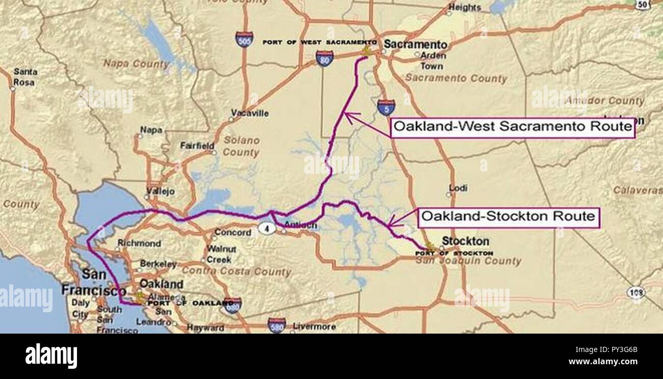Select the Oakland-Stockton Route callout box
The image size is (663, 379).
[508, 217]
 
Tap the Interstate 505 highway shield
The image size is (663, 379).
[244, 39]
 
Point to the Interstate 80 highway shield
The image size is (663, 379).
[324, 58]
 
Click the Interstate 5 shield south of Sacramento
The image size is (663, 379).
[386, 107]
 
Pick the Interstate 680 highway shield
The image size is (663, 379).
[233, 305]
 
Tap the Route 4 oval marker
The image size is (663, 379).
[267, 228]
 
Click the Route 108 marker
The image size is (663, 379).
[636, 292]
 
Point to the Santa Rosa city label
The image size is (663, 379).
[24, 77]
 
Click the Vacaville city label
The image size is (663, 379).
[249, 113]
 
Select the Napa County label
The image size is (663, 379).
[136, 64]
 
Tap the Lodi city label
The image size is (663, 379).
[458, 188]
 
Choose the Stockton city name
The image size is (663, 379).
[465, 241]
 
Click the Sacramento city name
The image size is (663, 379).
[415, 44]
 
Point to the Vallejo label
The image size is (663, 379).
[160, 191]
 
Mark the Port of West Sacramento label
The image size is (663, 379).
[320, 42]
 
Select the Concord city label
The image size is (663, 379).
[233, 233]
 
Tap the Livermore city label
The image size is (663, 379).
[314, 326]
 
